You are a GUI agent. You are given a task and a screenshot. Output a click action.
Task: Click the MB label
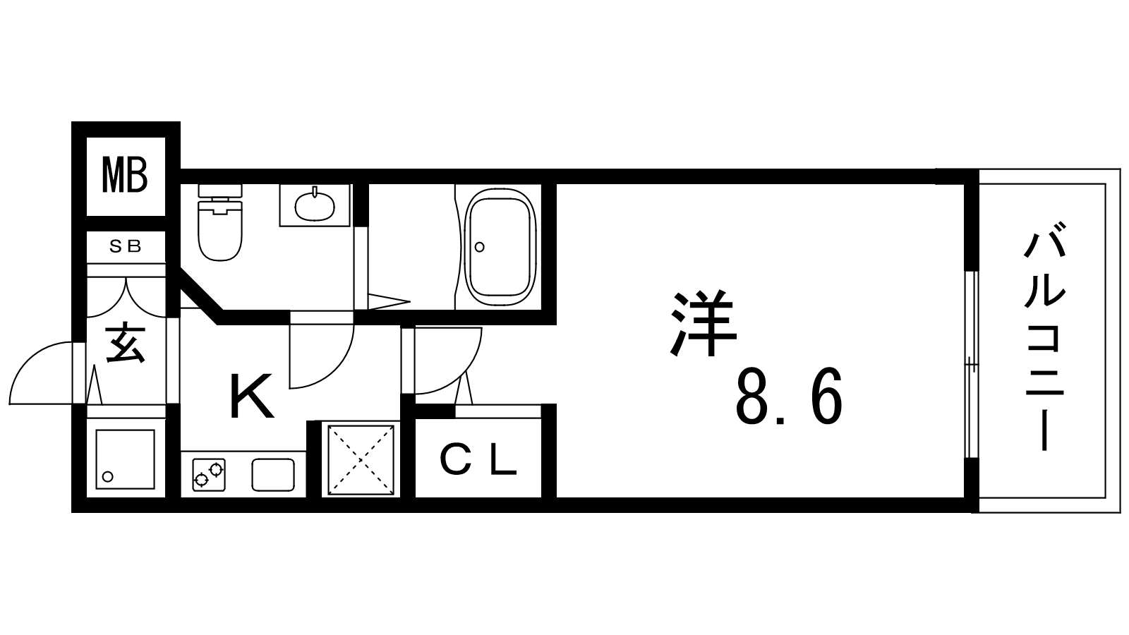click(124, 175)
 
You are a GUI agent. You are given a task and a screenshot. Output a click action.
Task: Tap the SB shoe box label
click(126, 246)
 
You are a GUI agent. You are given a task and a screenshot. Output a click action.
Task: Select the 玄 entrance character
click(126, 344)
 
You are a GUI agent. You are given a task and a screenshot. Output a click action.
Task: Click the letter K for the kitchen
click(251, 396)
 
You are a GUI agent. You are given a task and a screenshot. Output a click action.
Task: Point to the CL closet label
click(478, 461)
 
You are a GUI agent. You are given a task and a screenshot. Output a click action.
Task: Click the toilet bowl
click(219, 231)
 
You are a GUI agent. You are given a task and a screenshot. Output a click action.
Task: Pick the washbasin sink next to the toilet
click(315, 205)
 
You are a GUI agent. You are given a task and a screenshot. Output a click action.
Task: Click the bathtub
click(500, 247)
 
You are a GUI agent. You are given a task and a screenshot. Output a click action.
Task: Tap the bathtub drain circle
click(479, 247)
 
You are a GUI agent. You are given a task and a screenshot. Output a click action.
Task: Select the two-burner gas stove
click(208, 474)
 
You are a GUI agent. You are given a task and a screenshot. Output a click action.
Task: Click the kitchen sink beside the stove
click(273, 474)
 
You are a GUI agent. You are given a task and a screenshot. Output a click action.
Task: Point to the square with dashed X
click(361, 460)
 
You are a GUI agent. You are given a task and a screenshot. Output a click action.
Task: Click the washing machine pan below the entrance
click(125, 459)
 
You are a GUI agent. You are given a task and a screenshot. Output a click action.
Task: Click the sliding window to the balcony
click(972, 364)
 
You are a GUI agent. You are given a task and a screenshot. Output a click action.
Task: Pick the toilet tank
click(220, 191)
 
